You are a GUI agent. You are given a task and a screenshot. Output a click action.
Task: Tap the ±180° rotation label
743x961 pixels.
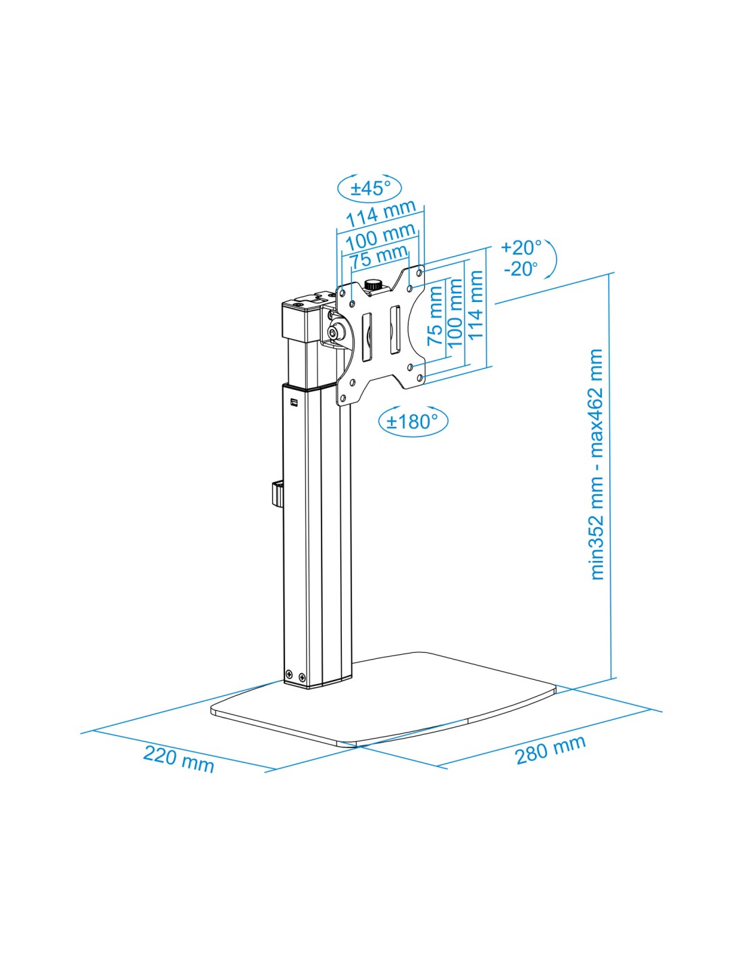click(x=413, y=421)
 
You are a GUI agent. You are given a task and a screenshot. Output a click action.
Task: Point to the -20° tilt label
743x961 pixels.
click(x=521, y=268)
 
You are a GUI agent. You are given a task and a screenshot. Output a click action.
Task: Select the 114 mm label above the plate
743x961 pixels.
click(x=380, y=212)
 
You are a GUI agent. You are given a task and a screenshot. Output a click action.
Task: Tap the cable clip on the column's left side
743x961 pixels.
click(x=276, y=496)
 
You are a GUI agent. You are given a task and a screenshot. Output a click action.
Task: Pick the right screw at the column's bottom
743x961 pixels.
click(x=302, y=689)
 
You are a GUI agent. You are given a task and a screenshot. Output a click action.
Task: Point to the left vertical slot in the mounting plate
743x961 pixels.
click(x=366, y=337)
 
